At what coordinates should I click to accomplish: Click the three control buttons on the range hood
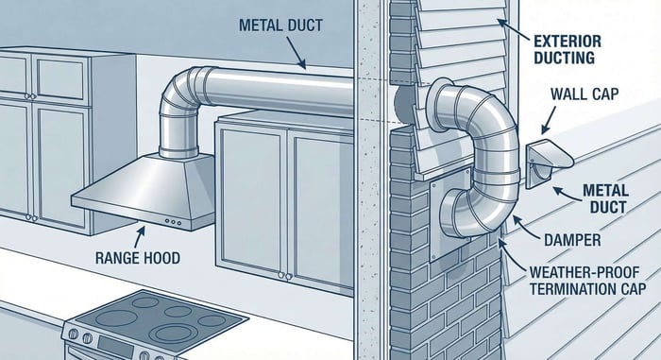[x=173, y=221]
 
